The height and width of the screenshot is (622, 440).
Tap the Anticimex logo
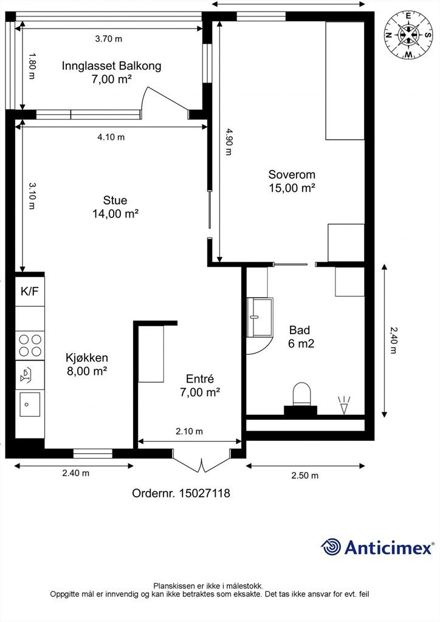click(x=377, y=547)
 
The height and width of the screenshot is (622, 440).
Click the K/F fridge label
click(x=30, y=292)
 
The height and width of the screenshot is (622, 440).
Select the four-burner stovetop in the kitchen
click(x=30, y=346)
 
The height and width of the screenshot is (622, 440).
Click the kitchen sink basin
click(x=30, y=404)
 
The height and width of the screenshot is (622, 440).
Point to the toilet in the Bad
click(x=301, y=394)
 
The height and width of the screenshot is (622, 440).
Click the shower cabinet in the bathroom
click(x=260, y=317)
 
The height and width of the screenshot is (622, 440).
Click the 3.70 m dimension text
click(x=109, y=39)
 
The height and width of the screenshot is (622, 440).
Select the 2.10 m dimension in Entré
click(x=189, y=431)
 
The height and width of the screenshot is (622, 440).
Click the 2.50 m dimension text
click(x=304, y=475)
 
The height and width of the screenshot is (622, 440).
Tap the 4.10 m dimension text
click(x=111, y=137)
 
